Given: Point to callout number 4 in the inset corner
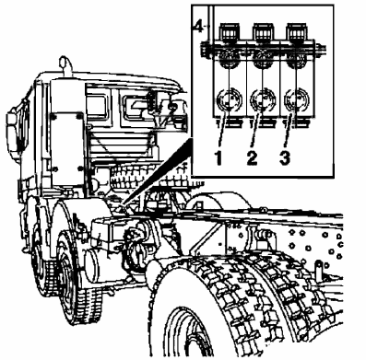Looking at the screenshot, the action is coord(199,27).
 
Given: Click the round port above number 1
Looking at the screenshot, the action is coord(229,99).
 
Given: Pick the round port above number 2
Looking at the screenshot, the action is coord(263,99).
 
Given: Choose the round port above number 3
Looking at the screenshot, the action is coord(297,99).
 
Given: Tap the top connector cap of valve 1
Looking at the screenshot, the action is coord(229,32).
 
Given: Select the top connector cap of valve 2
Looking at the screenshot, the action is coord(263,32).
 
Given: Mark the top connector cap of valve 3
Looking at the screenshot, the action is coord(297,32).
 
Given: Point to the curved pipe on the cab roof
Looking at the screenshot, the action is coord(65,65).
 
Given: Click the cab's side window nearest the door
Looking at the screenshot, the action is coord(97,105).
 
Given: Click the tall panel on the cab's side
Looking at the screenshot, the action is coord(66,148).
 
